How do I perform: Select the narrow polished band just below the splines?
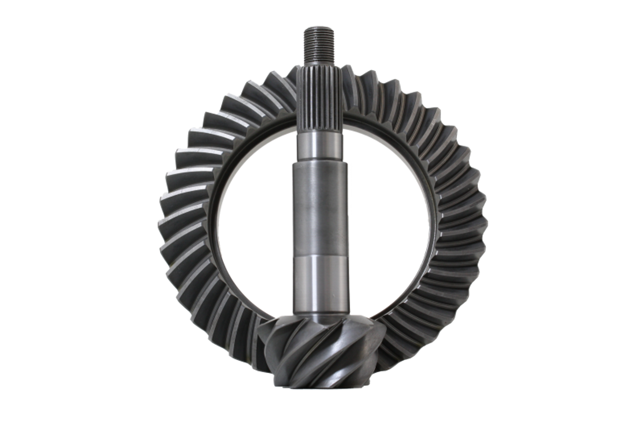(317, 148)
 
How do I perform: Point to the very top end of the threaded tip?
(315, 28)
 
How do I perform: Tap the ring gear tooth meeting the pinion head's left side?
(251, 342)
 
